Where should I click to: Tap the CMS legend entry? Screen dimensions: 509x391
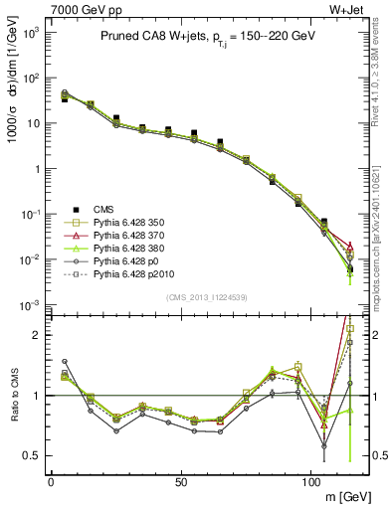pos(103,209)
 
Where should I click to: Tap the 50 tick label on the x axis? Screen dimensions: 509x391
pos(180,481)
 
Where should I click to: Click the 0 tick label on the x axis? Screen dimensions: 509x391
pos(51,481)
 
